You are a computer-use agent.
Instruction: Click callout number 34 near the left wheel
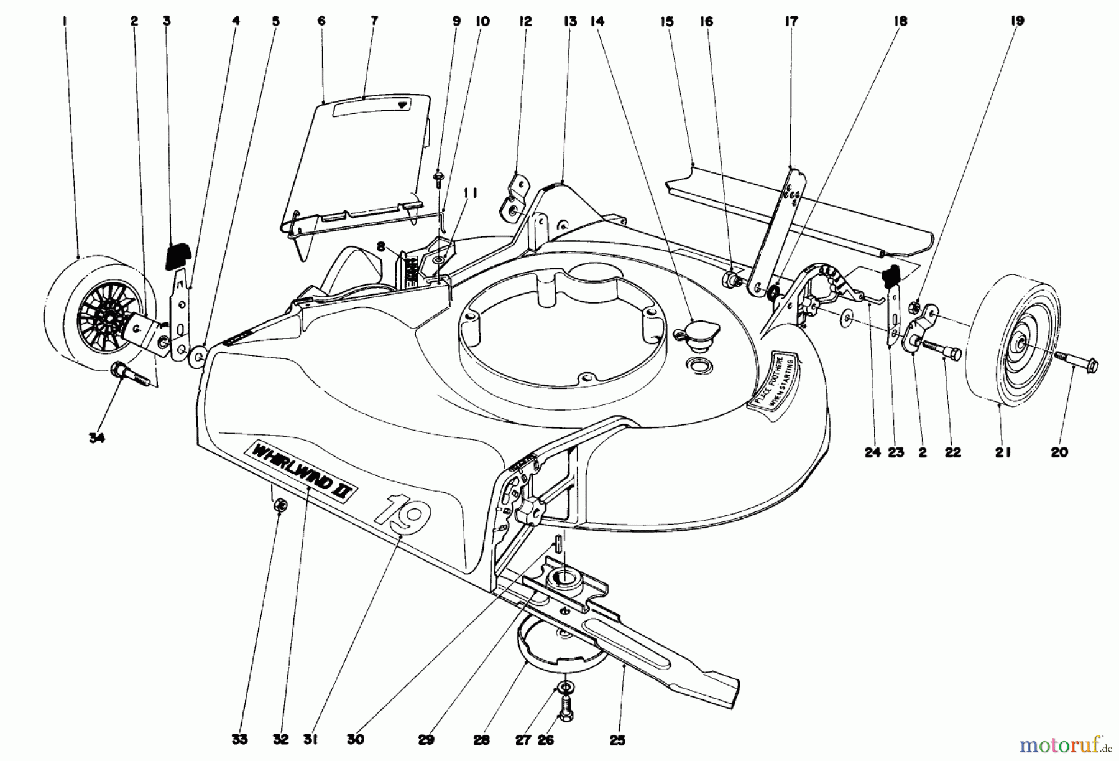pos(96,437)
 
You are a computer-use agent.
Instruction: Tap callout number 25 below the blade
pos(617,740)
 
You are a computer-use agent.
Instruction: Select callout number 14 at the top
pos(597,21)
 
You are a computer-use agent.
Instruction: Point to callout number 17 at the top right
pos(791,21)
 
